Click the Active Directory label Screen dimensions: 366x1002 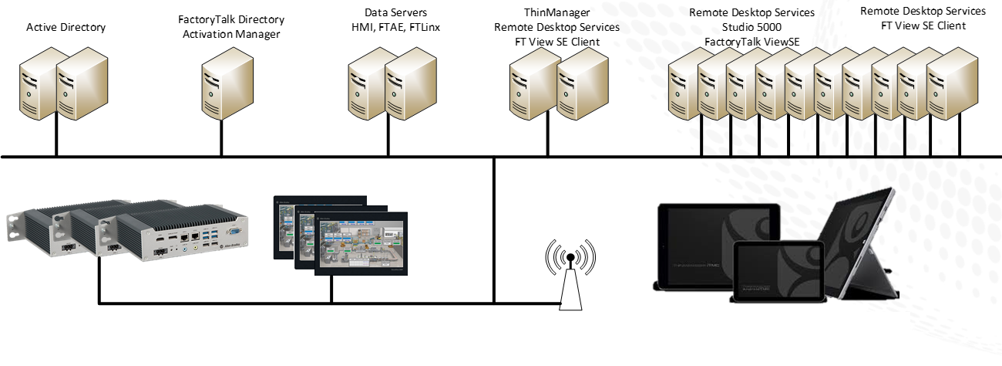point(66,28)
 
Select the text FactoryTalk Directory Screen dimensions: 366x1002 point(230,19)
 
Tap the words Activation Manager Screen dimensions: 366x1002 point(230,34)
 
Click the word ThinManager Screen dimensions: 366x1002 point(556,13)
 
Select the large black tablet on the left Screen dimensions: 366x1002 point(698,243)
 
